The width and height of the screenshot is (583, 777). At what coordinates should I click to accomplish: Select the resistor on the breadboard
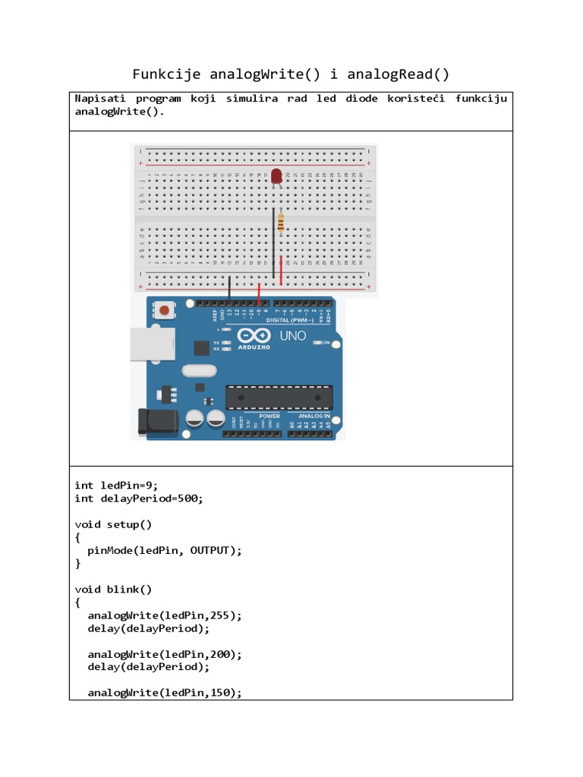pos(282,222)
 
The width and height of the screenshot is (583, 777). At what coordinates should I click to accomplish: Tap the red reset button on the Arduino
pos(163,310)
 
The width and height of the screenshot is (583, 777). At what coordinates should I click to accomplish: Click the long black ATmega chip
pos(279,397)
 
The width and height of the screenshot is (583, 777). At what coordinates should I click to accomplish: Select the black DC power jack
pos(156,422)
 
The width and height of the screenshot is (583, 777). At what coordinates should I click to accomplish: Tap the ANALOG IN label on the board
pos(314,416)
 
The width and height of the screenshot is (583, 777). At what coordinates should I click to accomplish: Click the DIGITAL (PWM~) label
pos(289,320)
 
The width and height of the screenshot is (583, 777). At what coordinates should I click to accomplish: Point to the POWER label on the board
pos(269,416)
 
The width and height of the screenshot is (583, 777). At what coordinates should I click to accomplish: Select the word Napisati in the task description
pos(100,99)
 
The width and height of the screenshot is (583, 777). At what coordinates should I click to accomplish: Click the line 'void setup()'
pos(113,524)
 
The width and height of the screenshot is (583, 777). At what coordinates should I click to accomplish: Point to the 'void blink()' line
pos(113,589)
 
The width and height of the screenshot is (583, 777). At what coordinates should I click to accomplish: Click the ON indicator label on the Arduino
pos(326,343)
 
